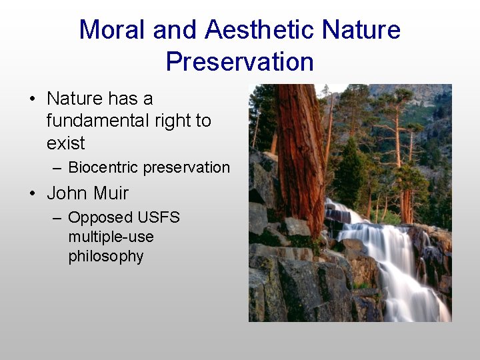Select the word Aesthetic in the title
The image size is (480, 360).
[x=259, y=30]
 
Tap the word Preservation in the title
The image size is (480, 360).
[x=239, y=62]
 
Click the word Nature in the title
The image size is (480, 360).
[x=361, y=30]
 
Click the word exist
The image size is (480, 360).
[x=65, y=143]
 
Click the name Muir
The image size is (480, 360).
[x=107, y=194]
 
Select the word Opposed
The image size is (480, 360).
[x=100, y=218]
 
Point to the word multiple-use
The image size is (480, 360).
[x=111, y=237]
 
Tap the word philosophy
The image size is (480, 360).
[x=105, y=257]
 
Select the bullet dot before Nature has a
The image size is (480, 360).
[x=32, y=99]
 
